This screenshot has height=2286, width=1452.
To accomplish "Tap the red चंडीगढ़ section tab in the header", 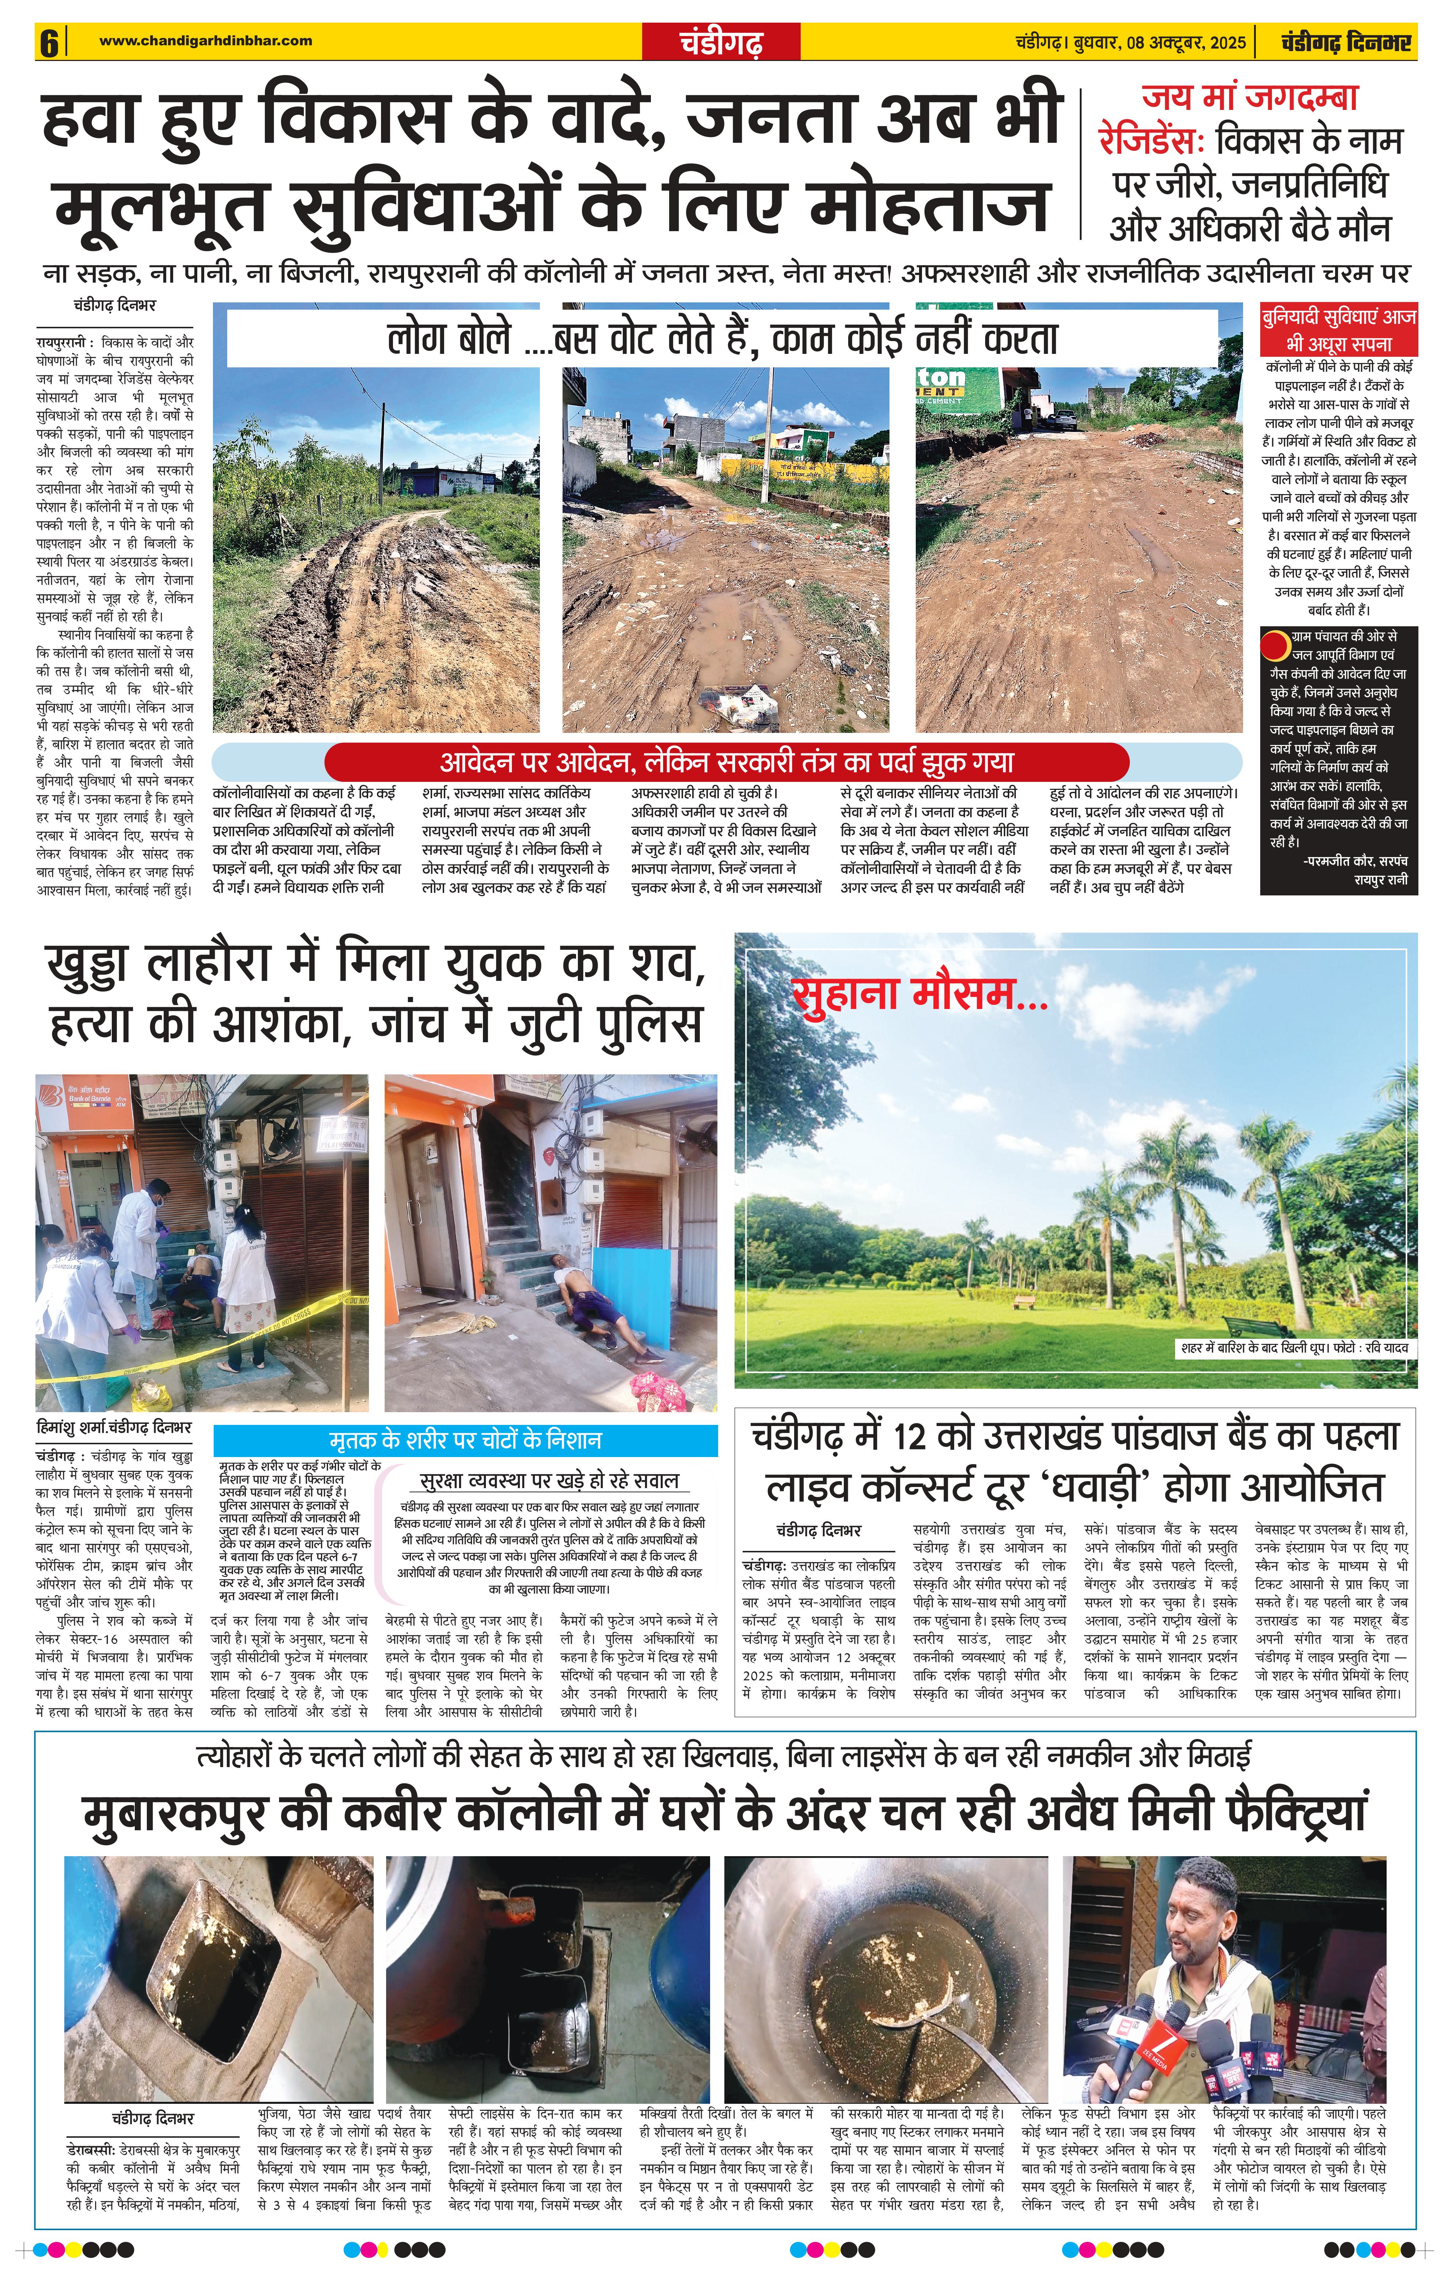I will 721,43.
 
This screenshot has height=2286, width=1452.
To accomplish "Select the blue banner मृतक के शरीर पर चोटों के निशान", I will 465,1440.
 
